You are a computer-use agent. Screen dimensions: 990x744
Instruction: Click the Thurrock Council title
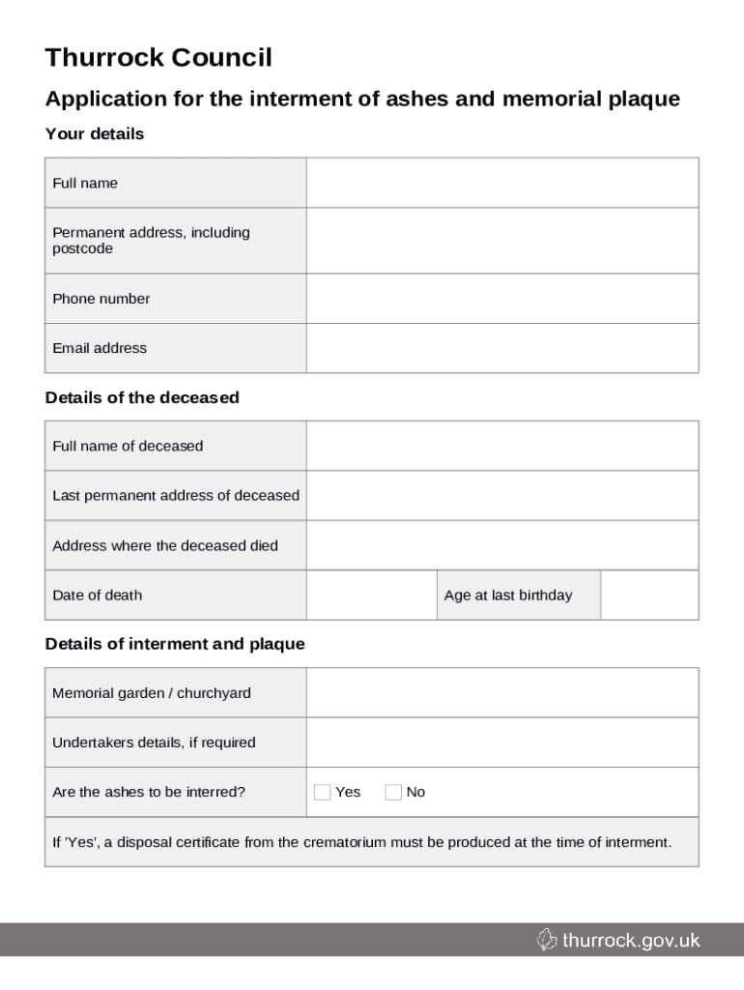coord(158,59)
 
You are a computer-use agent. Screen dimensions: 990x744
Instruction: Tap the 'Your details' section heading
coord(95,134)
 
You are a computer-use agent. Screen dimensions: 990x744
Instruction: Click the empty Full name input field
coord(501,183)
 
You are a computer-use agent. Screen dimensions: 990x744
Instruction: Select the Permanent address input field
coord(501,241)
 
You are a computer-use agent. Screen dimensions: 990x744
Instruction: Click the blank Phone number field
coord(501,299)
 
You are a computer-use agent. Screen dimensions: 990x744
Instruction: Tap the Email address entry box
coord(501,348)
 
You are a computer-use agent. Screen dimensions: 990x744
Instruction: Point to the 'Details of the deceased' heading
coord(142,397)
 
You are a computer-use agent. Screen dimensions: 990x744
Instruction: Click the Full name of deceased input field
coord(501,446)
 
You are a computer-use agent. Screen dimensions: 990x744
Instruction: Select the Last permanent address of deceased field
coord(501,495)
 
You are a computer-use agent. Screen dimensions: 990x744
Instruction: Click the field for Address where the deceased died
coord(501,545)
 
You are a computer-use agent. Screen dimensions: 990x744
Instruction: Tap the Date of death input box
coord(371,595)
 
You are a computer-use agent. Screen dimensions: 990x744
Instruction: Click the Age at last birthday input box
coord(648,595)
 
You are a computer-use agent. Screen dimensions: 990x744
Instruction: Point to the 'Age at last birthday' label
coord(508,596)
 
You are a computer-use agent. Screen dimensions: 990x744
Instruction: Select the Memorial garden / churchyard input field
coord(501,693)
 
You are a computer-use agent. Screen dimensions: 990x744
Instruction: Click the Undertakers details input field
coord(501,742)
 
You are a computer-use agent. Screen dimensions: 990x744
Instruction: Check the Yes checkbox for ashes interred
coord(323,793)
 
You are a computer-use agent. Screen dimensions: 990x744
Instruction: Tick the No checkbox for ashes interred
coord(393,793)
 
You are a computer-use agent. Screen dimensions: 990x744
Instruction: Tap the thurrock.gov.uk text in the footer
coord(631,940)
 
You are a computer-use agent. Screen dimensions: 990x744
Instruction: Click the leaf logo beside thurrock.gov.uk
coord(547,940)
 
